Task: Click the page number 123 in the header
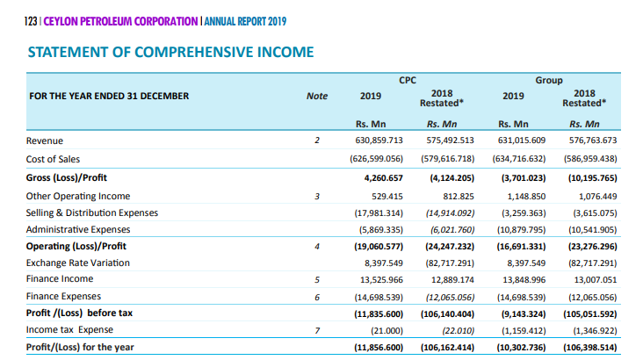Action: click(x=31, y=21)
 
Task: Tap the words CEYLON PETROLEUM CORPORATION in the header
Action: click(x=120, y=21)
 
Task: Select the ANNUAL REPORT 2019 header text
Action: click(x=245, y=21)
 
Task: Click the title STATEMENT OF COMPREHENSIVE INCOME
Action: click(x=170, y=52)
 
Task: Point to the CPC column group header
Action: click(x=408, y=81)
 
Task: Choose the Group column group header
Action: click(x=549, y=81)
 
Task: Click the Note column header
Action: click(x=317, y=96)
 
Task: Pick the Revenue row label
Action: click(x=45, y=140)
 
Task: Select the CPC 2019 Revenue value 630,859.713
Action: click(x=379, y=140)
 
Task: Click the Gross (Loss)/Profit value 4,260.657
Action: click(x=383, y=178)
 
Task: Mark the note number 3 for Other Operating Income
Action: click(x=317, y=197)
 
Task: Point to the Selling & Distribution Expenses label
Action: click(x=92, y=212)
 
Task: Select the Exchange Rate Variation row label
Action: click(x=78, y=263)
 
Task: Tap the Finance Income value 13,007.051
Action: click(x=596, y=279)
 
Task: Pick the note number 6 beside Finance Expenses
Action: click(x=317, y=298)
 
